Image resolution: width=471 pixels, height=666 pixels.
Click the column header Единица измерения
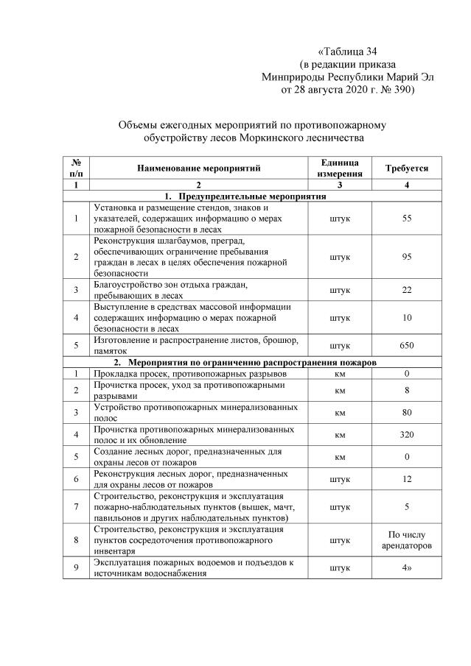point(340,169)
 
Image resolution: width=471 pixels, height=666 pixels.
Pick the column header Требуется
point(407,169)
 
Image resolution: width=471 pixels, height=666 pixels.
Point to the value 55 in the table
point(407,219)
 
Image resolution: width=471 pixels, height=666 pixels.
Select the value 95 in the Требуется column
point(407,256)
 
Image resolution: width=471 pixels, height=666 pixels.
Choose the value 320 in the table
point(407,435)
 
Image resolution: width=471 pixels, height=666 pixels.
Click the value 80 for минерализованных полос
point(407,413)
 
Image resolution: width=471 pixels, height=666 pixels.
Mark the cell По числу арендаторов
point(407,540)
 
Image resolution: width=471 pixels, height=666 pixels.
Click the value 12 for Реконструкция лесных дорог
point(407,480)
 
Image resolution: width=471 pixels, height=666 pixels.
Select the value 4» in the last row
point(407,567)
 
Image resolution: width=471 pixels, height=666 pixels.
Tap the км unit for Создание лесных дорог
point(340,457)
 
